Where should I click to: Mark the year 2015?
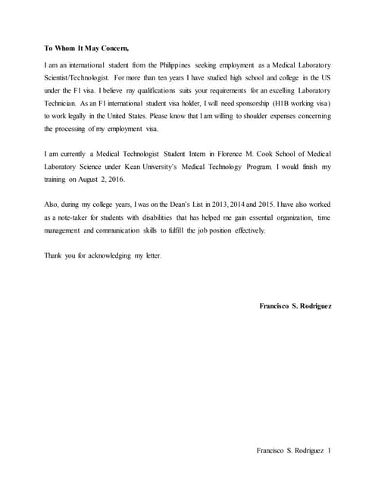(x=265, y=205)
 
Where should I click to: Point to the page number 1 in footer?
(x=329, y=452)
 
